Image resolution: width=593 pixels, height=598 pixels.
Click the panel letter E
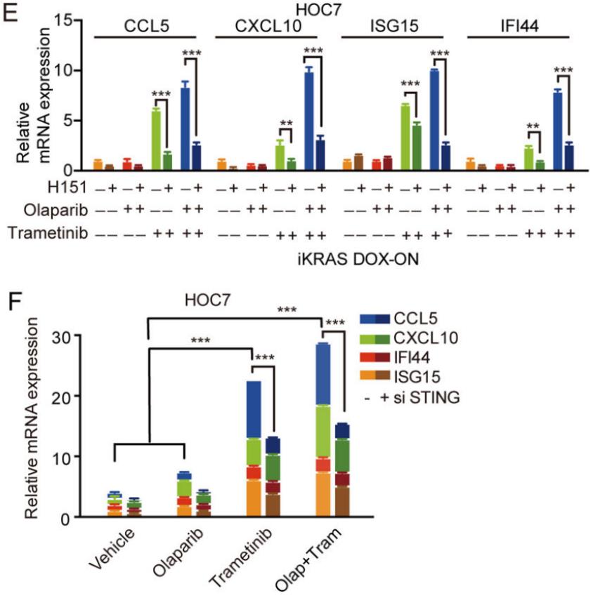pos(9,13)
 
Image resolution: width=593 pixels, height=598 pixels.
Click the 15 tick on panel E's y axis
pos(71,21)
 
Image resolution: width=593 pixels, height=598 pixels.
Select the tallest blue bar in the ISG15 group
pos(435,120)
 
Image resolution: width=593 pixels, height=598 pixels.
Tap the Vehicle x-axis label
pos(113,554)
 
